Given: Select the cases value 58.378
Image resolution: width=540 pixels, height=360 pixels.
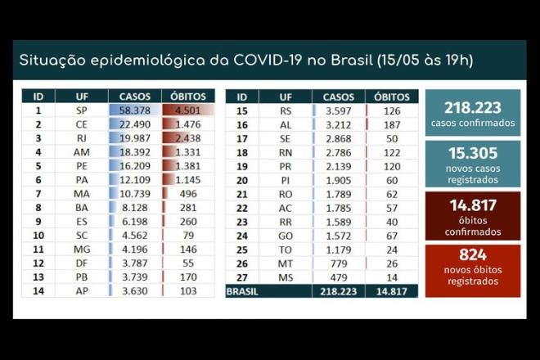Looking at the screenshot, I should [x=135, y=110].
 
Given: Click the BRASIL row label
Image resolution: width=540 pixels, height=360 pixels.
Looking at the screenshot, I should [x=242, y=290].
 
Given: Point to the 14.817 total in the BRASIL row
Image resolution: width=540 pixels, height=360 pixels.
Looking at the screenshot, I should [x=390, y=290].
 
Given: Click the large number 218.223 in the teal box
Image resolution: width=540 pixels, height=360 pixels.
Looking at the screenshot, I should [x=473, y=108].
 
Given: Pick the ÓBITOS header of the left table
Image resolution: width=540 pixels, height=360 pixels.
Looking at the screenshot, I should [x=188, y=96].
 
